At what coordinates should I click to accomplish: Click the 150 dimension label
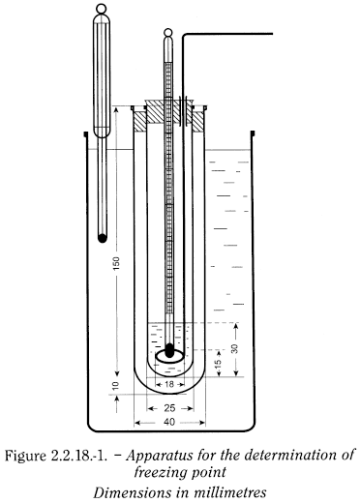pos(117,263)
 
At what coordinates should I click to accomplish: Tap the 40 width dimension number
pos(169,422)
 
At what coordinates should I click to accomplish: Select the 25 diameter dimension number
pos(169,408)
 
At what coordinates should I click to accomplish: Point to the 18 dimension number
pos(169,384)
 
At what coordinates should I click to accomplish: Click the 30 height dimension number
pos(235,349)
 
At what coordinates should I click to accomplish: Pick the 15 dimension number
pos(218,363)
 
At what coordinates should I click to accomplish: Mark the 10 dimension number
pos(116,386)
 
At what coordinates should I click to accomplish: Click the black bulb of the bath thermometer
pos(103,238)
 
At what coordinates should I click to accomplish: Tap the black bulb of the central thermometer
pos(169,350)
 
